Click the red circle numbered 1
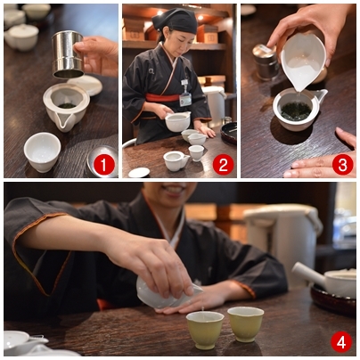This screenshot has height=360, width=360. point(103,166)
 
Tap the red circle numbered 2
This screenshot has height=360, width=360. point(223,166)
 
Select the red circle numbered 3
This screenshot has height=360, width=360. point(342,165)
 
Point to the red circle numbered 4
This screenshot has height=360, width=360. point(341,342)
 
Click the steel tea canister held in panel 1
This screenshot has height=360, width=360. point(68,54)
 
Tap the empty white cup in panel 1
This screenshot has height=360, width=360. point(42,151)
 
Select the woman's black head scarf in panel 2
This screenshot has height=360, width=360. point(175,20)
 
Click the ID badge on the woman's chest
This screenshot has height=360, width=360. point(185,100)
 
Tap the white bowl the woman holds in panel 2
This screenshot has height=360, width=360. point(177,121)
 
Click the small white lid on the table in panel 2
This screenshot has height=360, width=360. point(139,172)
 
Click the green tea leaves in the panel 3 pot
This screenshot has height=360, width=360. point(296,111)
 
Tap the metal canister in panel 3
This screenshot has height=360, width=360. point(266,62)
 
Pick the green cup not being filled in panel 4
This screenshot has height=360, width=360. point(245,323)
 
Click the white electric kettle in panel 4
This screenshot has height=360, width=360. point(282,244)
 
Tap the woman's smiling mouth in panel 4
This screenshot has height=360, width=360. point(173,189)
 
